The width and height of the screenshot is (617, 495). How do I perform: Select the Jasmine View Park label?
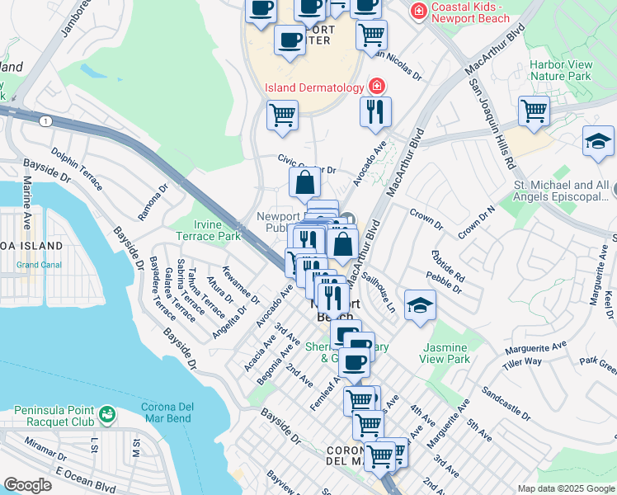(x=445, y=353)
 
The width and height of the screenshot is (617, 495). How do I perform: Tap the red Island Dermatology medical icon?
(x=377, y=87)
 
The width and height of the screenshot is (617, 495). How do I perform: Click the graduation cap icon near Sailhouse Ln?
(x=420, y=306)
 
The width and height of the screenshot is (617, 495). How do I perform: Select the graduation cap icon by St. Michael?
(x=598, y=142)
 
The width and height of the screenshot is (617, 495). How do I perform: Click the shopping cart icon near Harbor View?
(x=534, y=111)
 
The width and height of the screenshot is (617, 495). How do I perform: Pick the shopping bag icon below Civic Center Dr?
(x=304, y=181)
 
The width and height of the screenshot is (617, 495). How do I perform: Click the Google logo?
(x=27, y=485)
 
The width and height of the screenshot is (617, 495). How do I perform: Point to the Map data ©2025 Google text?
(x=566, y=488)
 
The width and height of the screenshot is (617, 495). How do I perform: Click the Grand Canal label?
(x=39, y=265)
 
